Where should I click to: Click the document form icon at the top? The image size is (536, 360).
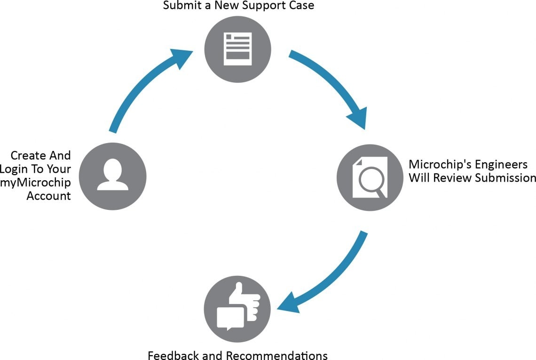click(238, 48)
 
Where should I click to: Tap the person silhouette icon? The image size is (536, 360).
click(113, 175)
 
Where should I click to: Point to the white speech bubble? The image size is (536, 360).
click(230, 316)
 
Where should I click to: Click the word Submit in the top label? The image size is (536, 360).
click(178, 6)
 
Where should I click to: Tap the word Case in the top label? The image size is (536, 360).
click(302, 6)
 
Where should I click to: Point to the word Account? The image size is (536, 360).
click(48, 196)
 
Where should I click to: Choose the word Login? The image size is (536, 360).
click(16, 169)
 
